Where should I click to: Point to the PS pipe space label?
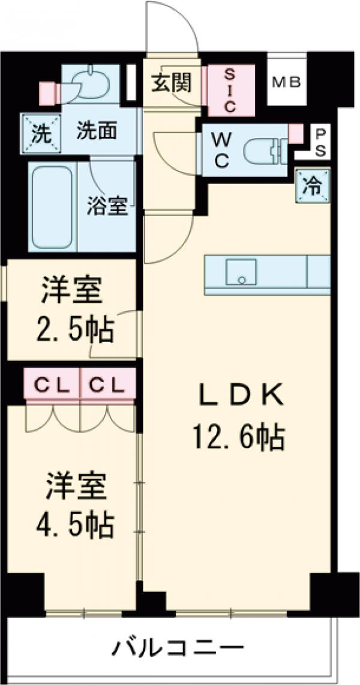(320, 142)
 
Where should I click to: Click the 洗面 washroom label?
(96, 130)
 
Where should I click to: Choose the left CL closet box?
(52, 385)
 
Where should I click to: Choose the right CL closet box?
(107, 385)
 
